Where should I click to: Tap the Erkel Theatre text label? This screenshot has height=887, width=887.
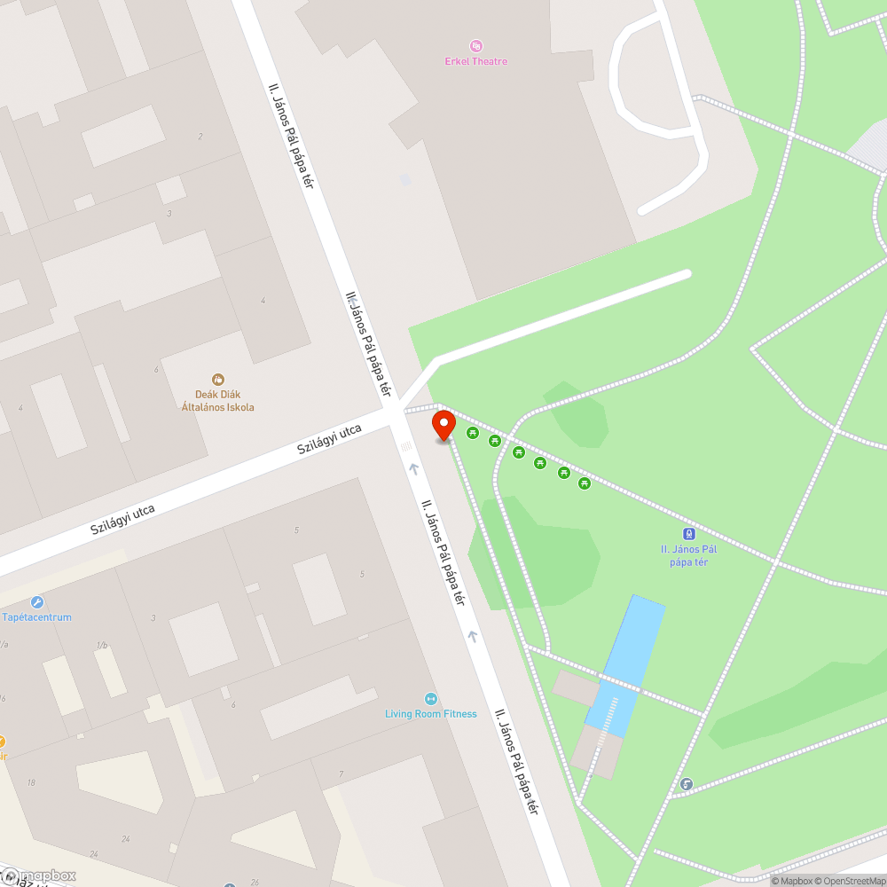(476, 61)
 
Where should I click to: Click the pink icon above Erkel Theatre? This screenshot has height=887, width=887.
(476, 46)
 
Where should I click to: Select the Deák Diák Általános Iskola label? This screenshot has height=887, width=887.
(217, 401)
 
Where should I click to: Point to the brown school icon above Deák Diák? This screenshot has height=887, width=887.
(218, 380)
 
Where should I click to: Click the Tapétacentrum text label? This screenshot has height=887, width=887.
(36, 617)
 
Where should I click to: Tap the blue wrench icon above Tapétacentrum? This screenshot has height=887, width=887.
(36, 602)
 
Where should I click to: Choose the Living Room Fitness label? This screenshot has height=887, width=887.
(430, 714)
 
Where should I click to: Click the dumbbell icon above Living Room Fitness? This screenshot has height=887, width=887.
(431, 699)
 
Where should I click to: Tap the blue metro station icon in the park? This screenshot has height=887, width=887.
(688, 534)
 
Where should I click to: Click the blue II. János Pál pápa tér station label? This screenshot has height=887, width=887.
(688, 555)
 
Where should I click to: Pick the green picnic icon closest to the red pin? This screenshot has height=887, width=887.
(473, 433)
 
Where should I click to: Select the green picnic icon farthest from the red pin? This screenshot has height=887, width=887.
(585, 483)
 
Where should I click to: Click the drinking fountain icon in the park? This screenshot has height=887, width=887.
(687, 784)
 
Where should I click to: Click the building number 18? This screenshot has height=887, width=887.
(31, 781)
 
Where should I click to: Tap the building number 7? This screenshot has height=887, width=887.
(341, 775)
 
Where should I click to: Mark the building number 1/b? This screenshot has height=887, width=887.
(102, 645)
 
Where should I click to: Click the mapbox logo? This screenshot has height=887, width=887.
(40, 875)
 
